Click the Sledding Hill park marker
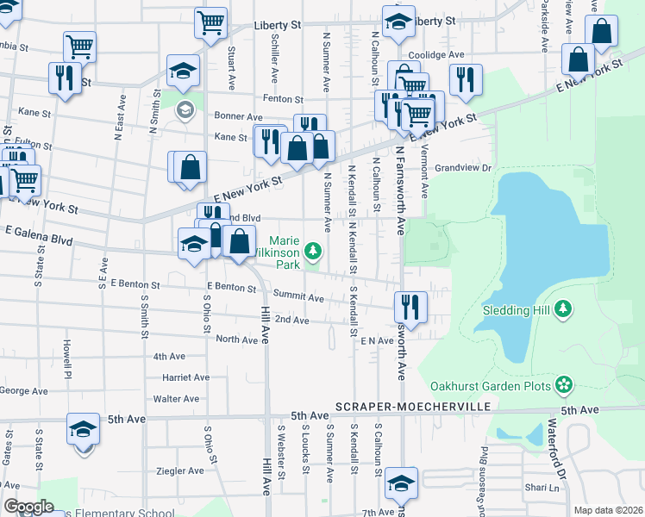[x=564, y=308]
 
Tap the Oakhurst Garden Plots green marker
[x=564, y=384]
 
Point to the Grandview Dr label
[x=462, y=169]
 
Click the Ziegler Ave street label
[x=180, y=470]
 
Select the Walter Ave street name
[x=176, y=399]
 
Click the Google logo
[x=28, y=507]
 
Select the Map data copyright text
[x=607, y=510]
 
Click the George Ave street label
[x=18, y=390]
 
